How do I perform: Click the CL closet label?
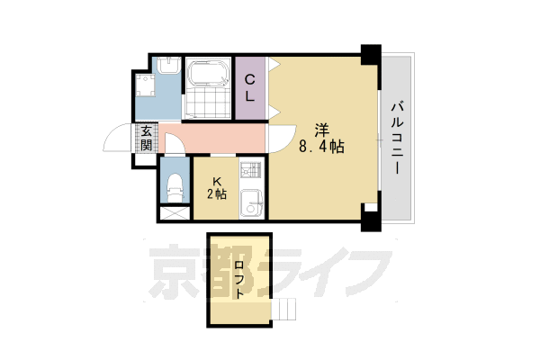pos(251,87)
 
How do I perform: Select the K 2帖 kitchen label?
pos(217,184)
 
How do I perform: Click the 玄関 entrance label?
pos(145,140)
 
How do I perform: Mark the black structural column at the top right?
pos(369,52)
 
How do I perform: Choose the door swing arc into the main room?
pos(281,140)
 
